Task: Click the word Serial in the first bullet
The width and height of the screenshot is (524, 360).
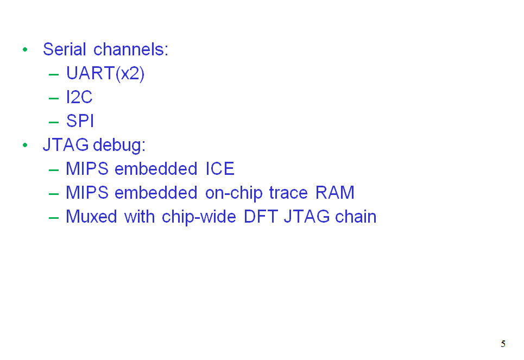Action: point(65,49)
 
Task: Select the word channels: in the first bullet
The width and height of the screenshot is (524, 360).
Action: point(131,49)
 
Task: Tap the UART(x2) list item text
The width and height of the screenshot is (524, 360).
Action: point(105,73)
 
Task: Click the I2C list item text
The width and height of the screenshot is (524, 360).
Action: point(79,97)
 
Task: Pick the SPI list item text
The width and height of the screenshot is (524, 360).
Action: point(80,121)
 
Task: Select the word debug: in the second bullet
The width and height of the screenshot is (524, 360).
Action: point(119,145)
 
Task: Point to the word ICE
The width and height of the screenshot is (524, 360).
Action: point(219,169)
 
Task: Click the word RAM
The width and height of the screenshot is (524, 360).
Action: point(335,193)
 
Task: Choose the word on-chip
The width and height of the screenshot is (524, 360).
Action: point(234,193)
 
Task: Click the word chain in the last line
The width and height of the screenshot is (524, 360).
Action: point(356,217)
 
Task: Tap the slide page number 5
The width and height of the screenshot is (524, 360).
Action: point(503,344)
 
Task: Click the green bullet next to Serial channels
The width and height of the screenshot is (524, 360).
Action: point(25,50)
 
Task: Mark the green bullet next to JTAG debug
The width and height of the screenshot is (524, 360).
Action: point(25,146)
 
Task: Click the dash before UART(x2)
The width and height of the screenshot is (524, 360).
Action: point(53,74)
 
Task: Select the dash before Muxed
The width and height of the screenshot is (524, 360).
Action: point(53,218)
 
